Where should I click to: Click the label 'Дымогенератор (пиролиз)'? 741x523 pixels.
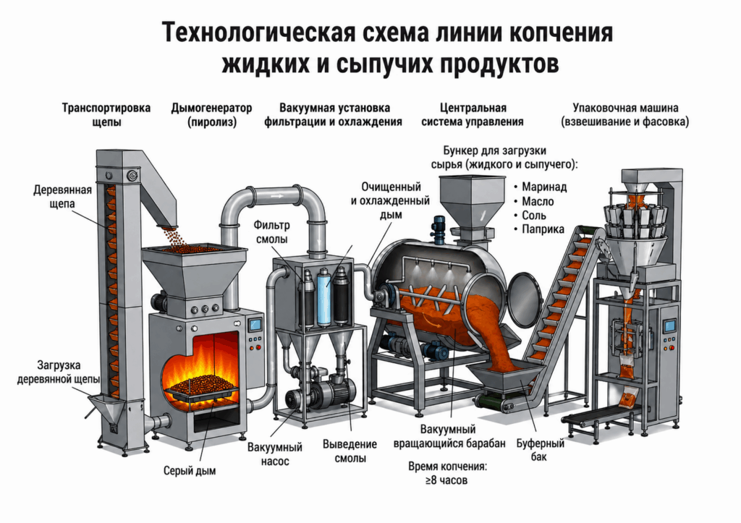(x=211, y=115)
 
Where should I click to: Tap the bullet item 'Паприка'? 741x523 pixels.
(x=539, y=229)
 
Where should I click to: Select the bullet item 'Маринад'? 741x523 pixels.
(x=541, y=187)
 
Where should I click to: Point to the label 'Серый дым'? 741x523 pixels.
(x=190, y=471)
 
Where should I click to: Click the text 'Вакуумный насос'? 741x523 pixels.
(x=274, y=454)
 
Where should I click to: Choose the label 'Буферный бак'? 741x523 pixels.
(x=540, y=450)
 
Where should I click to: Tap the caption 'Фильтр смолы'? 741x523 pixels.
(x=272, y=231)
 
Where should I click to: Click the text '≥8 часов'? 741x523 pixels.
(x=446, y=480)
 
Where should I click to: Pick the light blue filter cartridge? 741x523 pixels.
(x=323, y=297)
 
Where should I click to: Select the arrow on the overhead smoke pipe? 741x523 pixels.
(x=277, y=195)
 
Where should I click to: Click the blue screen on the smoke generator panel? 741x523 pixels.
(x=255, y=325)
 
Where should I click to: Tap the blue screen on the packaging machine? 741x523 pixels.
(x=669, y=326)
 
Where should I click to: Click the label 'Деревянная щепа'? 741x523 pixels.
(x=62, y=197)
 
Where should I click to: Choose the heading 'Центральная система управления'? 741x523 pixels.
(x=473, y=115)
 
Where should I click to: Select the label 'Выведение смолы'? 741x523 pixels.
(x=350, y=451)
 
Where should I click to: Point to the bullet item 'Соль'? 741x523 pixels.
(x=530, y=216)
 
